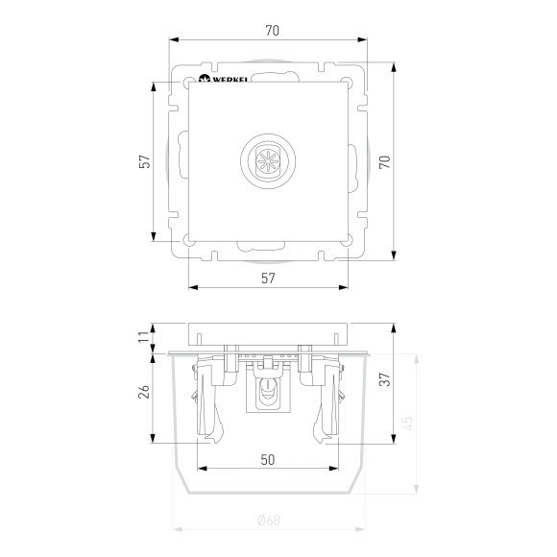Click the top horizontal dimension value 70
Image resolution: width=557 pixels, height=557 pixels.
273,31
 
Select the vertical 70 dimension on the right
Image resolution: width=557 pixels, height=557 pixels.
385,162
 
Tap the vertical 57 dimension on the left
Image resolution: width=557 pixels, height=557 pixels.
144,161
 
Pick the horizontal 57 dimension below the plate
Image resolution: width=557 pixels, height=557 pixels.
268,278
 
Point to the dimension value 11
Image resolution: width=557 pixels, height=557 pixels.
144,336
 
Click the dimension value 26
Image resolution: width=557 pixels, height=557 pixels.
144,392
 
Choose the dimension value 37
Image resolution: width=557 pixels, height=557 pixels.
385,379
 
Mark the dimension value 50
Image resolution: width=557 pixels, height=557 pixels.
268,460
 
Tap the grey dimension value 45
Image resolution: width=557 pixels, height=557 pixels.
408,424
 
